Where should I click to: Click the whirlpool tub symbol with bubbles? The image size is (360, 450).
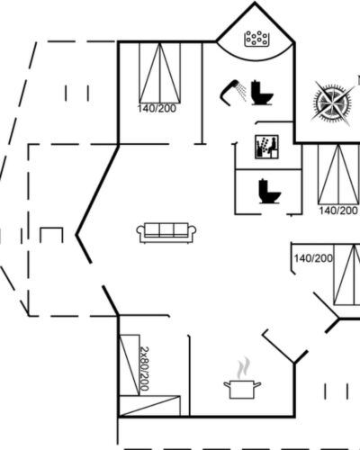click(256, 39)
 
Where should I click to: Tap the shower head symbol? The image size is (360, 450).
click(232, 92)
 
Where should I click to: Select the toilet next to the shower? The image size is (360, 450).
click(262, 93)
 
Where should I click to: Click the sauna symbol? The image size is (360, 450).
click(266, 147)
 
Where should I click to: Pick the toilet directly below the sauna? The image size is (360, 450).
click(270, 192)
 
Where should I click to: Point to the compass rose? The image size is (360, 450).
click(332, 103)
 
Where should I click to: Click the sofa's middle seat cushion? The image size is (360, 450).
click(166, 230)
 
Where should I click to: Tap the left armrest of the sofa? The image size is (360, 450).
click(140, 232)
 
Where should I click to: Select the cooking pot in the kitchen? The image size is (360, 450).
click(242, 389)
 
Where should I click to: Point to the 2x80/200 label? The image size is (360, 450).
click(145, 369)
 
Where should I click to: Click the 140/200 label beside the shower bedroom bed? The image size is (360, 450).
click(157, 108)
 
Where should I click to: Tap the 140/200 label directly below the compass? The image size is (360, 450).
click(338, 211)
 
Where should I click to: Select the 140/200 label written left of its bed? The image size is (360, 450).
click(313, 258)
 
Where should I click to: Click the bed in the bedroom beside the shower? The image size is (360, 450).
click(160, 73)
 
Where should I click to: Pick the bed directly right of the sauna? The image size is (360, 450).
click(338, 175)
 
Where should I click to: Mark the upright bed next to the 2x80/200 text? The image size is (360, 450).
click(130, 364)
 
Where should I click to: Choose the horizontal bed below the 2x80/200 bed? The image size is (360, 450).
click(149, 406)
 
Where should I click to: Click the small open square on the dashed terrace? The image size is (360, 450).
click(51, 235)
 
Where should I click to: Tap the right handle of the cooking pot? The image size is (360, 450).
click(257, 384)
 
